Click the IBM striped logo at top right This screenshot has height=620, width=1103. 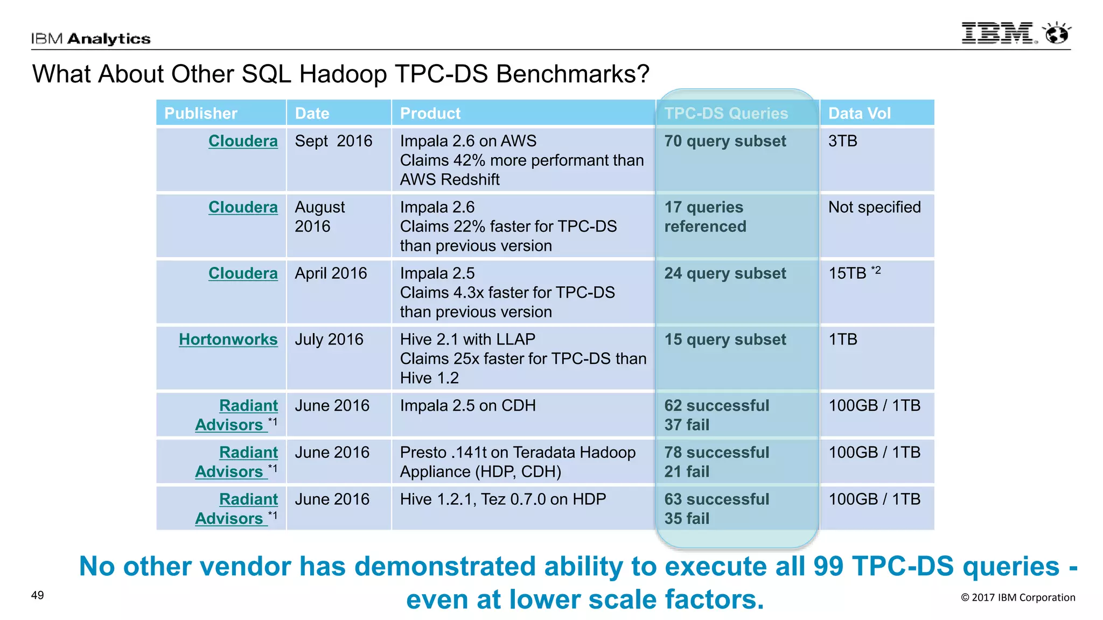click(997, 33)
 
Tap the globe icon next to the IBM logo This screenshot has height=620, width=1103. click(1057, 33)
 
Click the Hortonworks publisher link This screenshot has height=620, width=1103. click(228, 340)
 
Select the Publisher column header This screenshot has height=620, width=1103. click(200, 114)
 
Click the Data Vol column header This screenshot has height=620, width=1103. click(859, 114)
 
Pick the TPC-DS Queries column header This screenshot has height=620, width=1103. click(725, 114)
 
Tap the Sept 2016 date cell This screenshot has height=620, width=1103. click(333, 141)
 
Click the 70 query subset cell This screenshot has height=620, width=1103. click(725, 141)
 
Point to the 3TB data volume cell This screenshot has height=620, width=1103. click(842, 141)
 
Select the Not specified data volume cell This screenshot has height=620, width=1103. click(874, 207)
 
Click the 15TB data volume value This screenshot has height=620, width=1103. click(848, 273)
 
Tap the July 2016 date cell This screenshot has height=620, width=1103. click(329, 340)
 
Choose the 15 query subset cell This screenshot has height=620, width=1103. click(725, 340)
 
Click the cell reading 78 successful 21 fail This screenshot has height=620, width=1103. click(716, 462)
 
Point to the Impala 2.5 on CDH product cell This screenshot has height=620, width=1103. click(467, 406)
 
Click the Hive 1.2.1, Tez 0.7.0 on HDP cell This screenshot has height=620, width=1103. click(502, 499)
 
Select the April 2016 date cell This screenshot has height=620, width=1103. click(331, 273)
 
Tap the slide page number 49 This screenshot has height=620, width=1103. click(37, 595)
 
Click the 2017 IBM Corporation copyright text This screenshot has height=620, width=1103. click(1018, 597)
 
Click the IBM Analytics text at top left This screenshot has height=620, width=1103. click(90, 39)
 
